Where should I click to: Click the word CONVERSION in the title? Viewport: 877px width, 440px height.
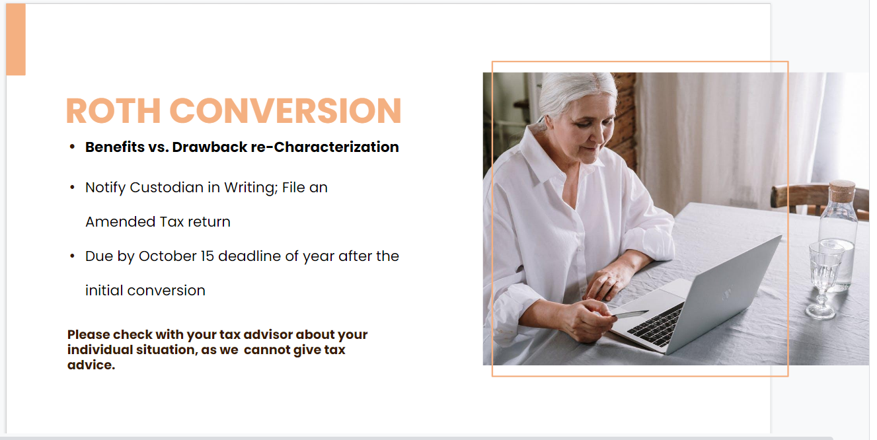286,111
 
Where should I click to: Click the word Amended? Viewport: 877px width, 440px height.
120,222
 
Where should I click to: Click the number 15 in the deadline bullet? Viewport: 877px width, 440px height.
207,256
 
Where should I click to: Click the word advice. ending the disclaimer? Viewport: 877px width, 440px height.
91,365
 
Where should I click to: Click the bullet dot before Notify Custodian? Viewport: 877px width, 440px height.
72,188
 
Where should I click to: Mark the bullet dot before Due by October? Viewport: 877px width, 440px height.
72,256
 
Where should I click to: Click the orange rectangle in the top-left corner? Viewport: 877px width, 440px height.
16,39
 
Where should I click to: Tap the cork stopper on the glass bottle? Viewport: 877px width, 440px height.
843,191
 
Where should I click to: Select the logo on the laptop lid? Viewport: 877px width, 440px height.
728,293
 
